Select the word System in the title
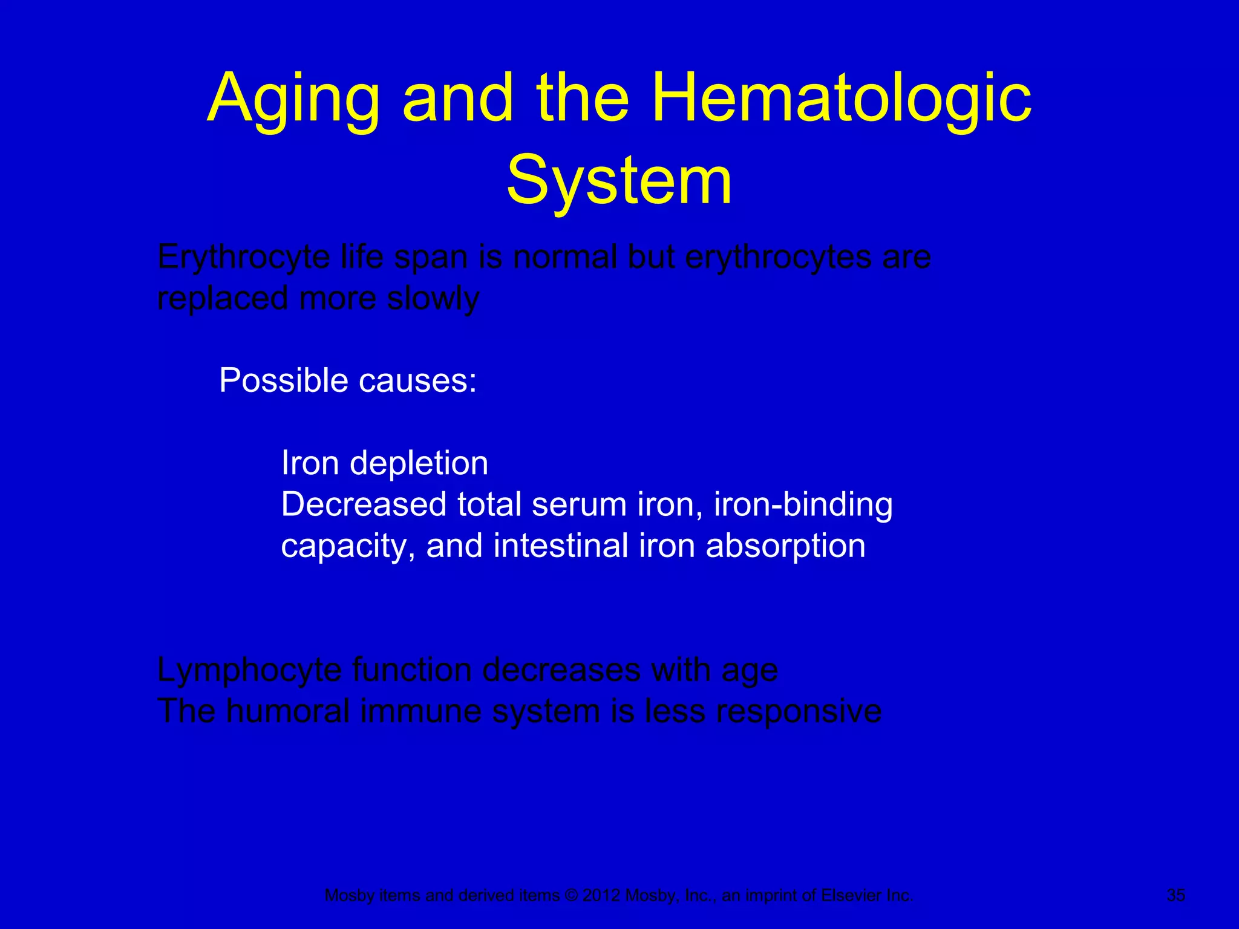click(619, 181)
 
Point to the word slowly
click(433, 299)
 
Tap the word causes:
click(417, 381)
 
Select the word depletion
click(419, 464)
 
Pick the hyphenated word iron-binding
click(803, 504)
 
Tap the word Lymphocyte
click(249, 671)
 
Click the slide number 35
click(1175, 895)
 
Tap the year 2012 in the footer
click(601, 896)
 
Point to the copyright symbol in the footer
click(571, 896)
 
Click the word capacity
click(348, 547)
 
